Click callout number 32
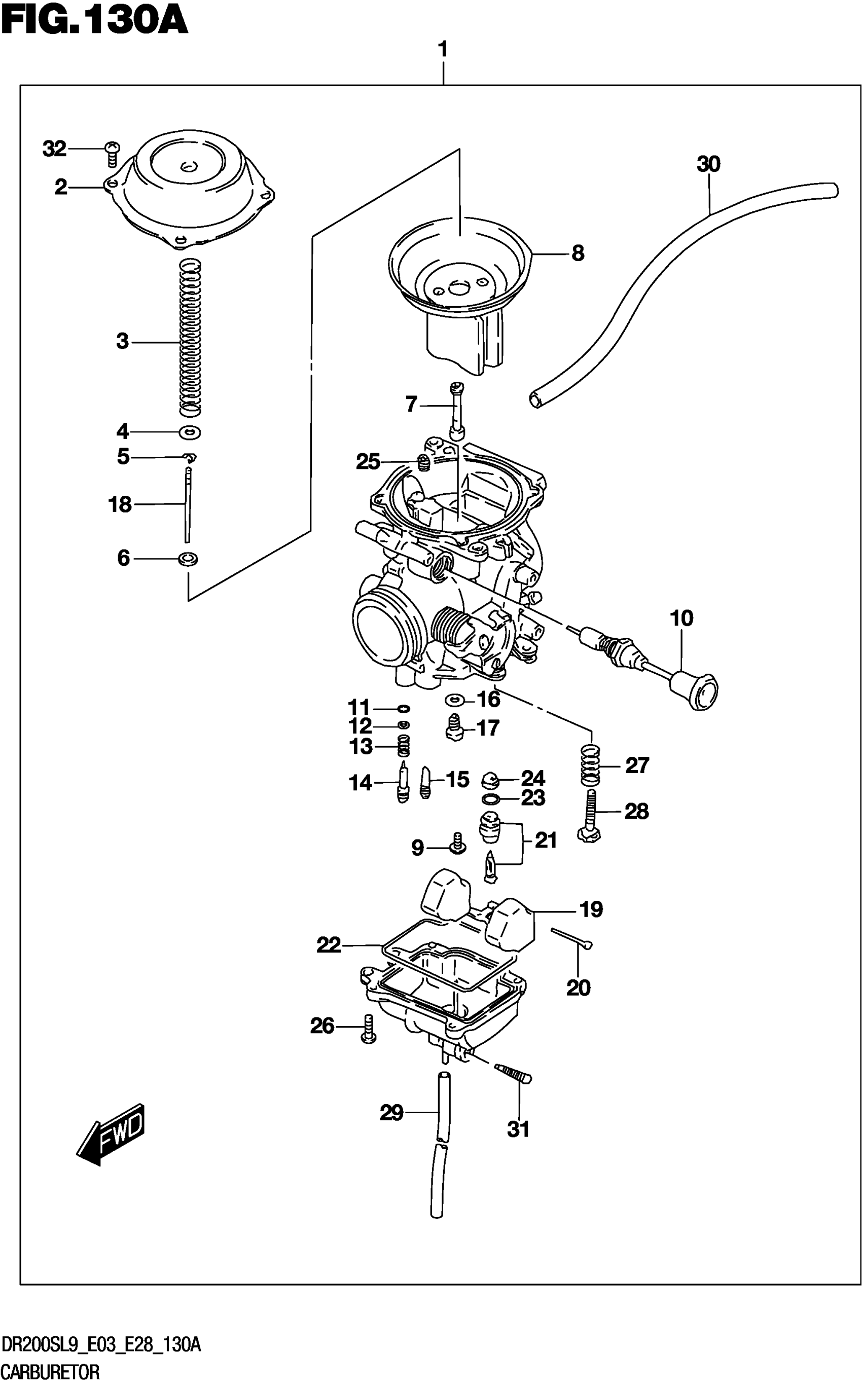coord(54,150)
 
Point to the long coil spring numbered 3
coord(190,338)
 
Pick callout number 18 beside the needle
coord(120,504)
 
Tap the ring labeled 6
coord(188,559)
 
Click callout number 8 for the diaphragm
coord(578,253)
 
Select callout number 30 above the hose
coord(708,165)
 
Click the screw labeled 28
coord(591,816)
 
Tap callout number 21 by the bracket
coord(546,839)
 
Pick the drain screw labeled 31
coord(513,1074)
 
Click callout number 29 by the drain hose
coord(391,1112)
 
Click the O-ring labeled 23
coord(492,798)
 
